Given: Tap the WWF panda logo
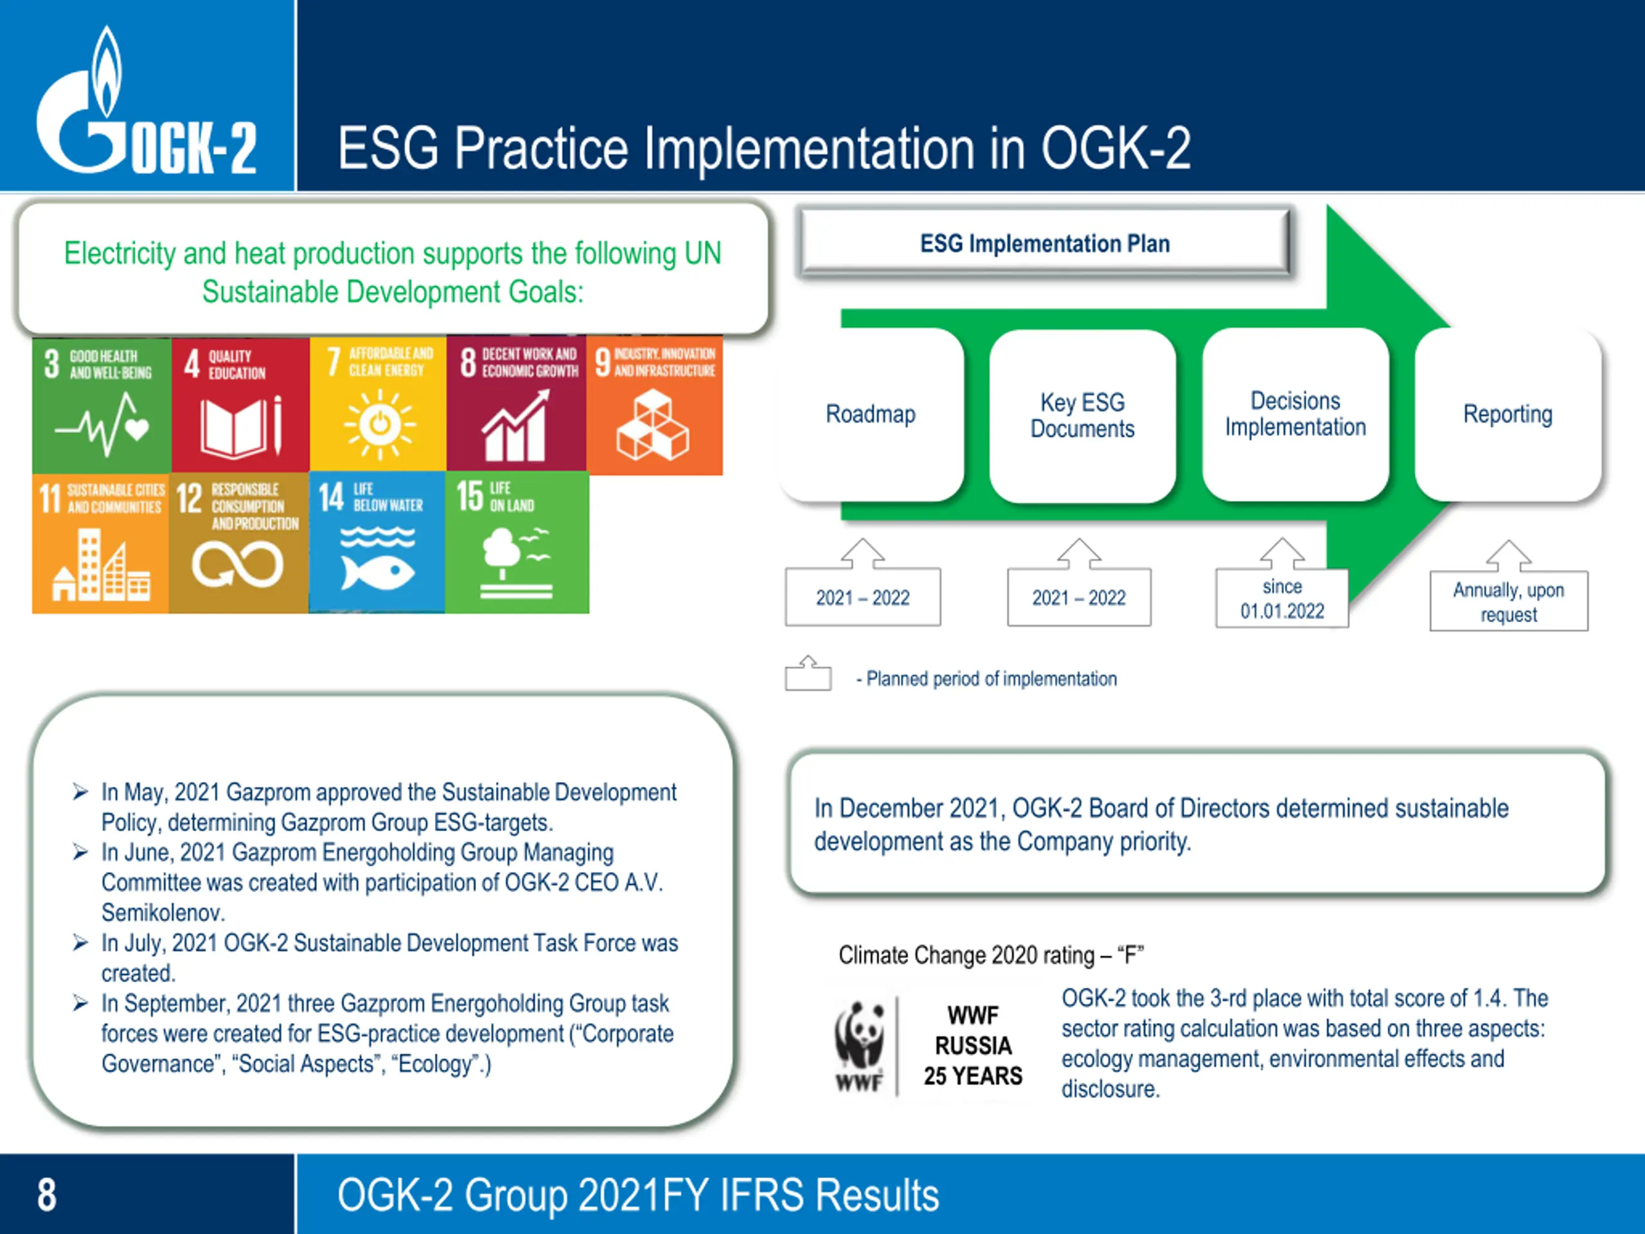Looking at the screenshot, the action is [860, 1046].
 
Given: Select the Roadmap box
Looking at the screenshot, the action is [871, 415].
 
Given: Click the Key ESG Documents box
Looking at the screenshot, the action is [1083, 415].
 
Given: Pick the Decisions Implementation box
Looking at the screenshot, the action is [1295, 415].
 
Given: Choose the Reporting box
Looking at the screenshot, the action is [1508, 415].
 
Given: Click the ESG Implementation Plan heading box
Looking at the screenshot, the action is [1045, 243].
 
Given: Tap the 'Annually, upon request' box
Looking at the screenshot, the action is [1509, 601].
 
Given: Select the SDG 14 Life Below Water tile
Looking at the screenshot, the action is [377, 542].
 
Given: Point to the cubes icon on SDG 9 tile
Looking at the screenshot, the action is [652, 425].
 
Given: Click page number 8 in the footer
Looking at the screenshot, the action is [47, 1195].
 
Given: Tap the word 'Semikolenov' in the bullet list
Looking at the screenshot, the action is [163, 913].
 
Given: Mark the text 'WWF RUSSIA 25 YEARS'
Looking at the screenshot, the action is [973, 1046].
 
